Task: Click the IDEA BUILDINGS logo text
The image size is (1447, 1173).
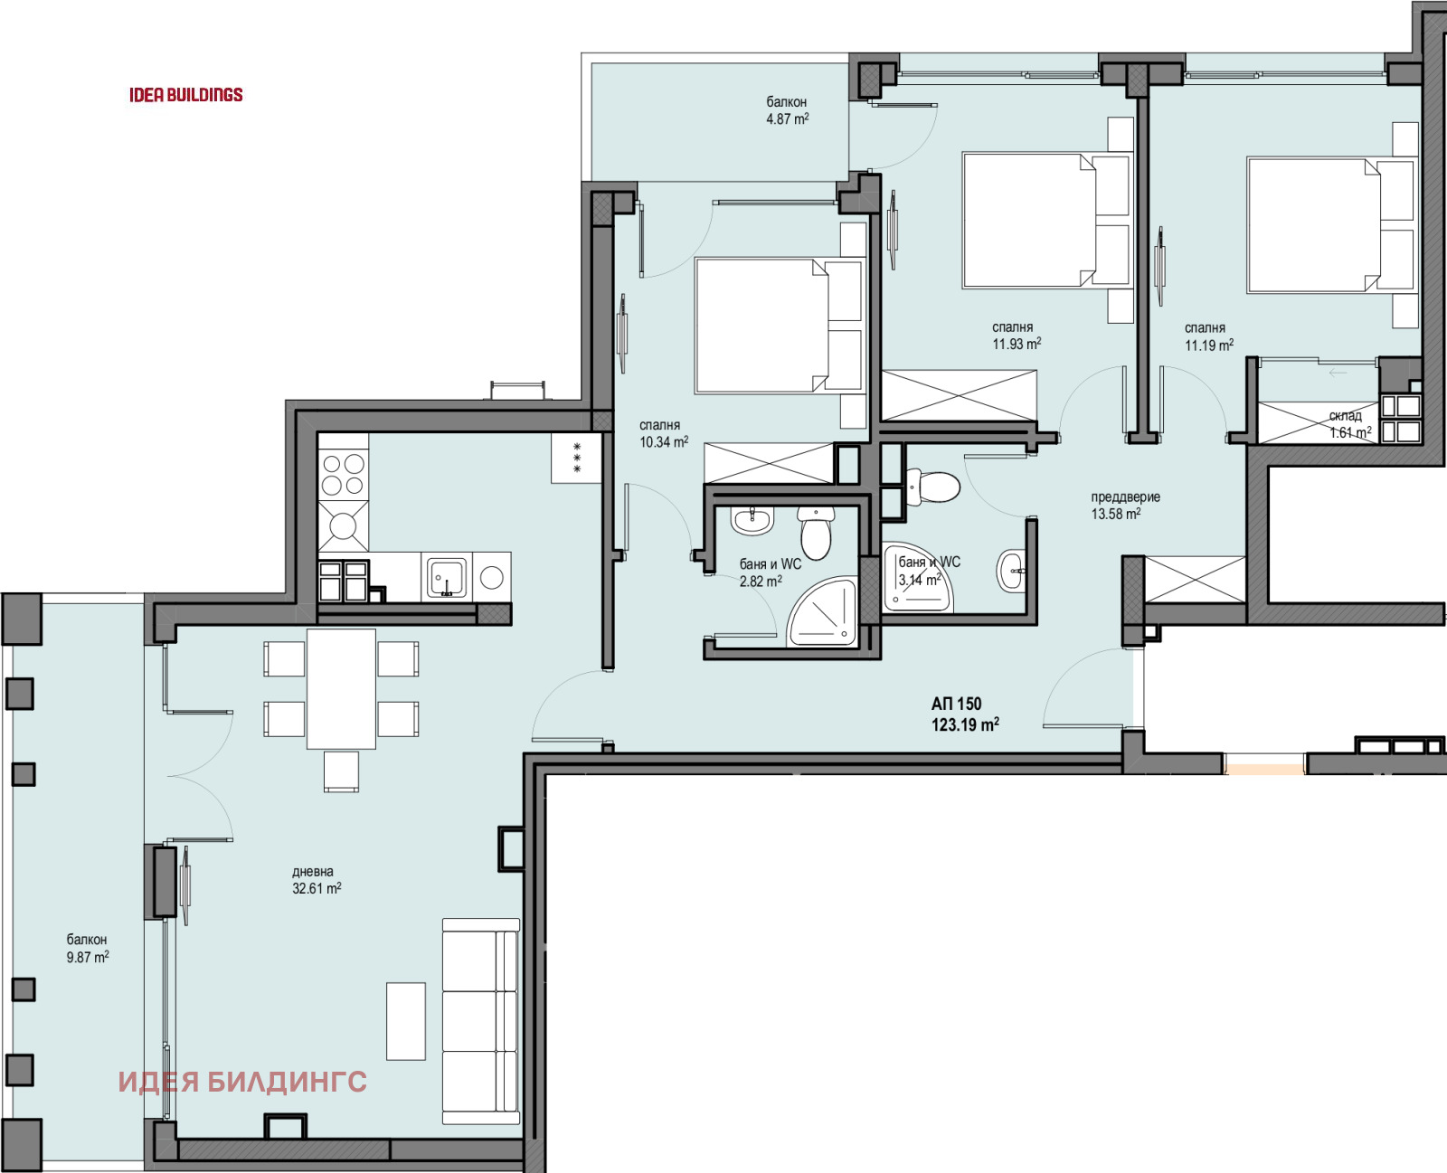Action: [185, 95]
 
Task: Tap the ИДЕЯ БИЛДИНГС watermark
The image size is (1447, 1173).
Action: [242, 1082]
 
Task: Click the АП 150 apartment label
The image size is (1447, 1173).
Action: [956, 704]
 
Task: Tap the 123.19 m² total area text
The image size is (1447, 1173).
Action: [964, 724]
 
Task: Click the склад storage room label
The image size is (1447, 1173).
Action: [1346, 416]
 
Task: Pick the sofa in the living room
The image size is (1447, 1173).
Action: [480, 1021]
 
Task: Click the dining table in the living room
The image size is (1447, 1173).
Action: [341, 689]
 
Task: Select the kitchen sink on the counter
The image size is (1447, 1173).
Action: [446, 577]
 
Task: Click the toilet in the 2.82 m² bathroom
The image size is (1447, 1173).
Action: [816, 533]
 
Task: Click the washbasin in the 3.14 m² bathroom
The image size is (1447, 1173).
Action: [1012, 571]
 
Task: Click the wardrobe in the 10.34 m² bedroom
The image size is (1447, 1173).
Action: [768, 463]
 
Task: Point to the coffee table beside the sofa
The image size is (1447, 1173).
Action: [405, 1021]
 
